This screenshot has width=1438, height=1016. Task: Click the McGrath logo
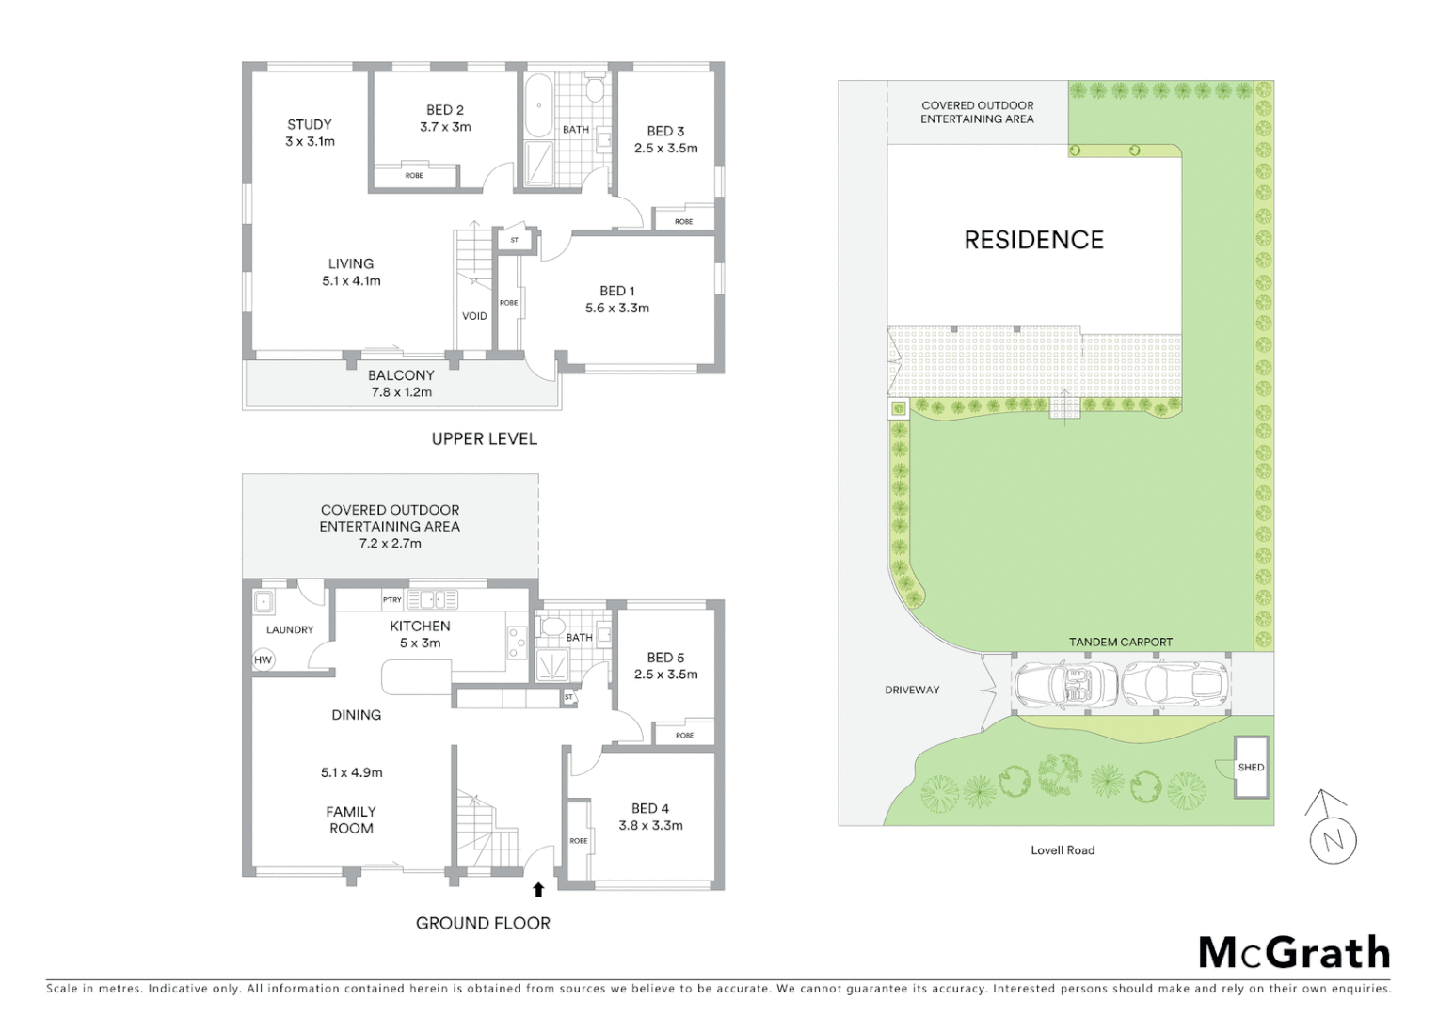pyautogui.click(x=1294, y=953)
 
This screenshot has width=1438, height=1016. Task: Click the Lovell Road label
pyautogui.click(x=1063, y=850)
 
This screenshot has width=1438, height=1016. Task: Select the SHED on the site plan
pyautogui.click(x=1251, y=767)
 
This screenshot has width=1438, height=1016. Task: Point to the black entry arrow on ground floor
pyautogui.click(x=538, y=890)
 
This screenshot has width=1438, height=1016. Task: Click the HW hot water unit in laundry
pyautogui.click(x=263, y=660)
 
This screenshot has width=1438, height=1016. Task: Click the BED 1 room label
pyautogui.click(x=617, y=291)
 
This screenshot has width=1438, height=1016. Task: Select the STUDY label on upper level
pyautogui.click(x=310, y=124)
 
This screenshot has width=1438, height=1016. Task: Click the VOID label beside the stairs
pyautogui.click(x=474, y=316)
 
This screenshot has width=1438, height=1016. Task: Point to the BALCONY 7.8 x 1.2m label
pyautogui.click(x=401, y=384)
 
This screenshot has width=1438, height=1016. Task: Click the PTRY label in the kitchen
pyautogui.click(x=391, y=599)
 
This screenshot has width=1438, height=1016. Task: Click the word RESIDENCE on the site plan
pyautogui.click(x=1033, y=240)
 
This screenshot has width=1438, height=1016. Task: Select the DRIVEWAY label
pyautogui.click(x=912, y=690)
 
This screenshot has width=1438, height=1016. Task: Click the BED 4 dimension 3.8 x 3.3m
pyautogui.click(x=650, y=826)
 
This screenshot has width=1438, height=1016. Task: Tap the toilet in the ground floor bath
pyautogui.click(x=552, y=627)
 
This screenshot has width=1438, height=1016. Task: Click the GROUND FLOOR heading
pyautogui.click(x=483, y=924)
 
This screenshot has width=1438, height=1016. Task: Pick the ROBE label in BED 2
pyautogui.click(x=414, y=176)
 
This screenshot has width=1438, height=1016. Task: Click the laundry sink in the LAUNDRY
pyautogui.click(x=264, y=602)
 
